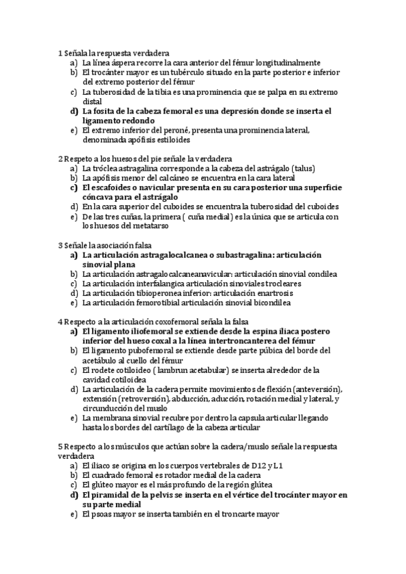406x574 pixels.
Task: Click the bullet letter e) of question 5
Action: coord(73,514)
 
